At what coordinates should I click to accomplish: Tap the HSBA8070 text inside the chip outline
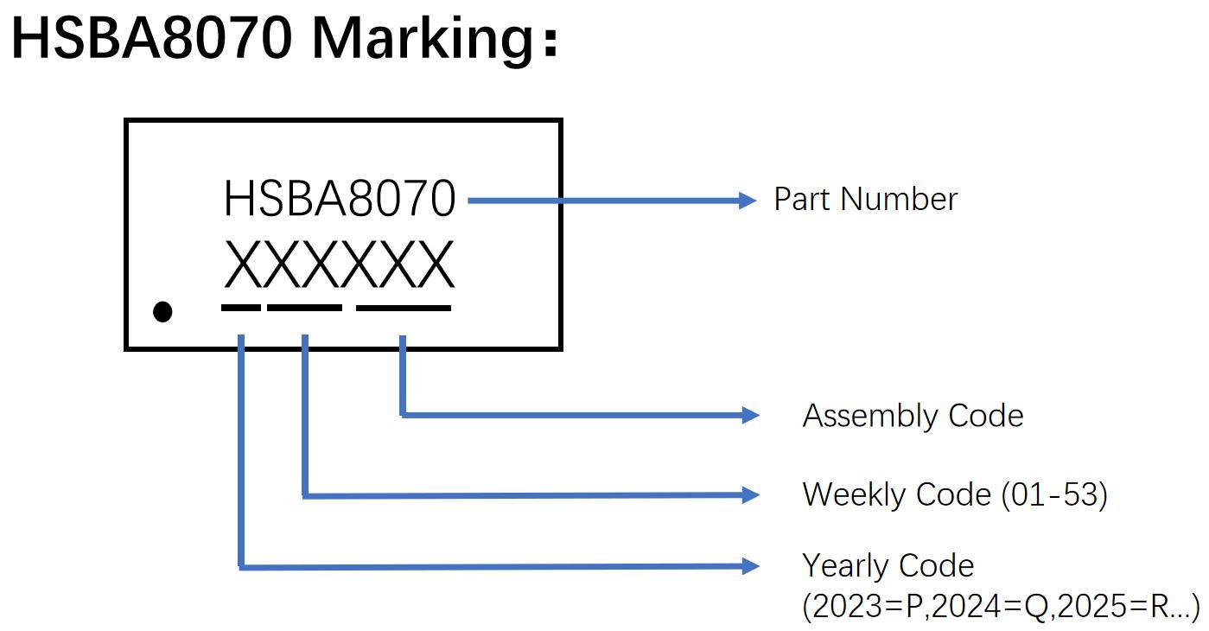click(x=339, y=199)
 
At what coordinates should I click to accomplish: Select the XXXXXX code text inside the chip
click(x=339, y=265)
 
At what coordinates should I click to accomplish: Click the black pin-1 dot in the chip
click(x=162, y=311)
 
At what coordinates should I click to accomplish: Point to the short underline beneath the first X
click(x=240, y=307)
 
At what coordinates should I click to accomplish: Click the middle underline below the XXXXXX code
click(x=304, y=307)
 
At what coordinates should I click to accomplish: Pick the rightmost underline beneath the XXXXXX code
click(x=404, y=307)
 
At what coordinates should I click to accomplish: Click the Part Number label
click(x=865, y=200)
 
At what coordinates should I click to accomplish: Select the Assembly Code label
click(x=913, y=416)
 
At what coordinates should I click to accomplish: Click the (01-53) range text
click(x=1054, y=494)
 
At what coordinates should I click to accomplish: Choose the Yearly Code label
click(x=888, y=565)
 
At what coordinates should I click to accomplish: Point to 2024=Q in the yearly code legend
click(x=989, y=607)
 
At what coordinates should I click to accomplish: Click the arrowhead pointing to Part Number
click(x=748, y=201)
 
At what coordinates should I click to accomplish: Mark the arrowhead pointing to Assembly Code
click(x=751, y=416)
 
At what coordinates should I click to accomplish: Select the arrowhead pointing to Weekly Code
click(x=751, y=494)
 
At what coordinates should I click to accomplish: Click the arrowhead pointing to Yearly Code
click(x=751, y=566)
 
